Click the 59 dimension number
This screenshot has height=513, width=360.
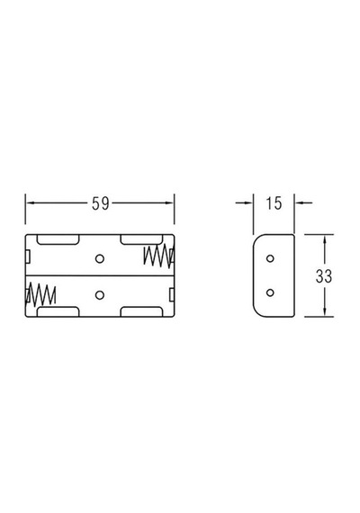100,203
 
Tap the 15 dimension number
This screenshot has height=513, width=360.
274,203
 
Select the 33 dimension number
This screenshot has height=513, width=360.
324,276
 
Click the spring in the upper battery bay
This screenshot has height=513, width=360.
158,256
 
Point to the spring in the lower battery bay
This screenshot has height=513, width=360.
40,295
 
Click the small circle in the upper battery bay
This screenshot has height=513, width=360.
100,259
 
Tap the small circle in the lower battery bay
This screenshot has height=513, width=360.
100,295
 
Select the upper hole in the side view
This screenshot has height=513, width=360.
270,258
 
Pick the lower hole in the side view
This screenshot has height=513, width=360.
270,292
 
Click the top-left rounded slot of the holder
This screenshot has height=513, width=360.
58,239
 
